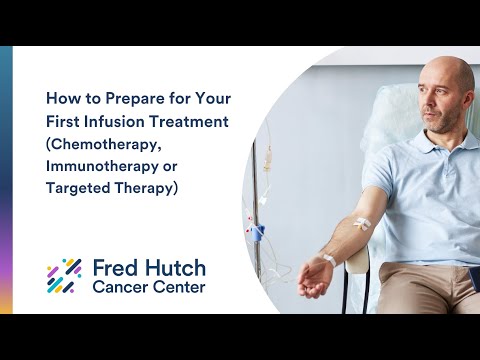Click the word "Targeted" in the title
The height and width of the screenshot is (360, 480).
84,188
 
